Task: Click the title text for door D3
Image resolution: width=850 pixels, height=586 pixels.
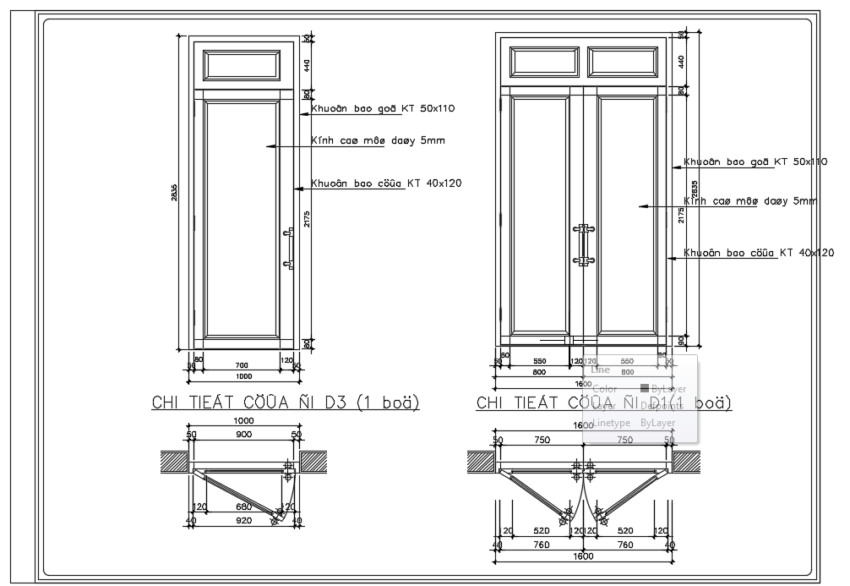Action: [285, 402]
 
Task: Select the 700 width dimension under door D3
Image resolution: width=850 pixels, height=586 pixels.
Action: [240, 365]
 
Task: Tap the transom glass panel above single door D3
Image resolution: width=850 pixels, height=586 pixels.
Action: [243, 65]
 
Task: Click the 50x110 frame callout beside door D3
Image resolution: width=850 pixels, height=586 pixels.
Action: [383, 108]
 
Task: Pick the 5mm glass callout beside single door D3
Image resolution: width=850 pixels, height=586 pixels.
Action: [377, 140]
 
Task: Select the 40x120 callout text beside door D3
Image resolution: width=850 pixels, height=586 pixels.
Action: [386, 183]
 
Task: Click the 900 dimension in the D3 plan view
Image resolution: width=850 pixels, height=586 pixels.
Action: [243, 435]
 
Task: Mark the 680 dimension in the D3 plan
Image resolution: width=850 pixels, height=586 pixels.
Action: [243, 507]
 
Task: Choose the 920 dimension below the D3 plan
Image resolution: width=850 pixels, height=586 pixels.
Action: [243, 522]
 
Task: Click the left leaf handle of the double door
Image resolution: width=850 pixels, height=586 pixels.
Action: [580, 244]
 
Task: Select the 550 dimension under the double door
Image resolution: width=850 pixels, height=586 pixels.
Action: [540, 361]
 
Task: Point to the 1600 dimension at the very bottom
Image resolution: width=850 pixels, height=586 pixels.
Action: [583, 556]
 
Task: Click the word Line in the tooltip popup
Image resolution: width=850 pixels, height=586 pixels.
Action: [600, 370]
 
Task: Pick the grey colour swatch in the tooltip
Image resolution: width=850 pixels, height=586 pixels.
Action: [644, 388]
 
